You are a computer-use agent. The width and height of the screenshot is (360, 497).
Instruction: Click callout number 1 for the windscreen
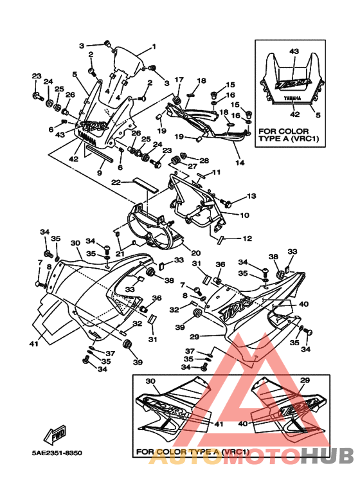pos(154,46)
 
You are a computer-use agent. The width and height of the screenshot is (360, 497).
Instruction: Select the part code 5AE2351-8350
pos(57,453)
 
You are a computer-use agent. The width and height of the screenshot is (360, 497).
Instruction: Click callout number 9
pos(100,173)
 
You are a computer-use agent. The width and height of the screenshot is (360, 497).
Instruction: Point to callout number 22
pos(116,183)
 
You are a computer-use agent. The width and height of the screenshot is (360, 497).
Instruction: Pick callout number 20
pos(195,253)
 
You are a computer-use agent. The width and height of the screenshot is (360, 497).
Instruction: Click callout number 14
pos(239,163)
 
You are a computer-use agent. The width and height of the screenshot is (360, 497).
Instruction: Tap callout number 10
pos(244,215)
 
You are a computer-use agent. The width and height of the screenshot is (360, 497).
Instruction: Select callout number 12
pos(247,239)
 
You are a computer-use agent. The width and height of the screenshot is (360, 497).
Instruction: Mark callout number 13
pos(251,195)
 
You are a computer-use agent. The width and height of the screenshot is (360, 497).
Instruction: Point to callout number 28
pos(204,160)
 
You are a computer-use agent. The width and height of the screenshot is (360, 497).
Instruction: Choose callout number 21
pos(120,253)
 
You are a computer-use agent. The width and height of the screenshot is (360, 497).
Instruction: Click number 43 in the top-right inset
pos(294,51)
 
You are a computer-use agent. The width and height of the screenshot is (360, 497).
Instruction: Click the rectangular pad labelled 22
pos(144,183)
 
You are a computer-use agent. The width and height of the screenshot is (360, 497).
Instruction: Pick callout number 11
pos(217,172)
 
